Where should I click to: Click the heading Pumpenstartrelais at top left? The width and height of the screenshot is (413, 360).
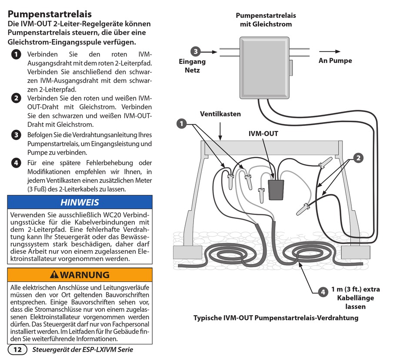coord(50,14)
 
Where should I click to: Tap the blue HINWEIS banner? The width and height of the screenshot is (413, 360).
coord(80,202)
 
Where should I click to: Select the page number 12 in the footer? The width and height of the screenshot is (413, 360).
coord(17,350)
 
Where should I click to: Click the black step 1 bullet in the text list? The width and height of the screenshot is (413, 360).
coord(16,55)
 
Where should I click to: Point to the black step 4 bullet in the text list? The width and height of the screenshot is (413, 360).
coord(16,163)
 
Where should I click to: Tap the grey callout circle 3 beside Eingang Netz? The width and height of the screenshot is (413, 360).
coord(196,52)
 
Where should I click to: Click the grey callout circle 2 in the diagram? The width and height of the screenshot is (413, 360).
coord(358,158)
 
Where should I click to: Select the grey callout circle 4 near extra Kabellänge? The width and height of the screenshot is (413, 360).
coord(323,292)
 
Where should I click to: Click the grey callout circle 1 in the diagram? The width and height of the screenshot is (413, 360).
coord(181,124)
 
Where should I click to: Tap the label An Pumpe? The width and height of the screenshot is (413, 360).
coord(335,61)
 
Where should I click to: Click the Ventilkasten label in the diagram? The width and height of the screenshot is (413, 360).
coord(220,114)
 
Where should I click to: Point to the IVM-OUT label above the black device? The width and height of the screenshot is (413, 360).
coord(263,134)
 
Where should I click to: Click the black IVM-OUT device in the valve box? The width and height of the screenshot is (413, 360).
coord(276,189)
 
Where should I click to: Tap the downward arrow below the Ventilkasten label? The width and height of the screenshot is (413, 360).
coord(221,130)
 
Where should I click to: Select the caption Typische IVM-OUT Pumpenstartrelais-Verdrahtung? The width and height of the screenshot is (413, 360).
coord(276,318)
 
